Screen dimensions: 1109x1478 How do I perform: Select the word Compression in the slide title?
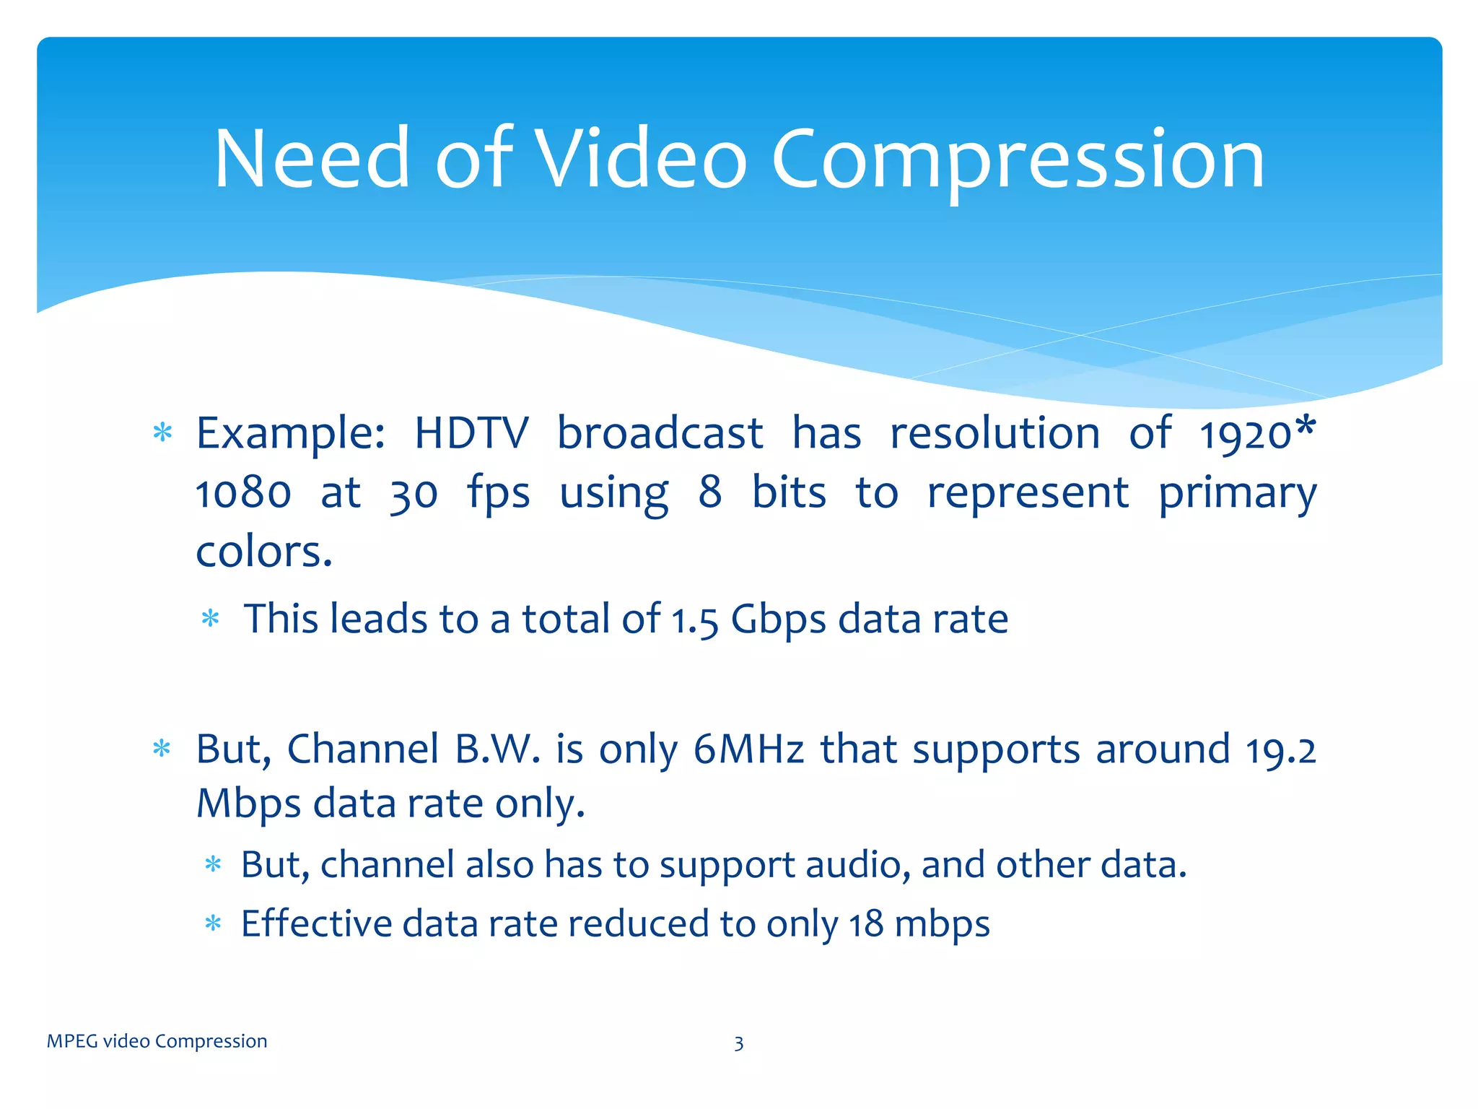point(1018,160)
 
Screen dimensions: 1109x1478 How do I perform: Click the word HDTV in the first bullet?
point(471,433)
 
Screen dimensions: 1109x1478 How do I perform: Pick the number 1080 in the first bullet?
point(243,493)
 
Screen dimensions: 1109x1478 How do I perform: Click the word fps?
point(498,495)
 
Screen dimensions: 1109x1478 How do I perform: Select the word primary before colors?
point(1237,495)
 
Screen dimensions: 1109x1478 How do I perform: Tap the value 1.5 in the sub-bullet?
point(695,620)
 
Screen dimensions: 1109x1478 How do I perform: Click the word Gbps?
point(778,620)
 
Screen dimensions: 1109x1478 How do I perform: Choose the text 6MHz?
point(748,749)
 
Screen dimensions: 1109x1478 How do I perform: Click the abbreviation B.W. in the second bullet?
point(497,749)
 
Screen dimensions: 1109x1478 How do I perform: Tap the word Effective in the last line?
point(315,923)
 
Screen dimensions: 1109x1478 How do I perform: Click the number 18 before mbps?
point(865,924)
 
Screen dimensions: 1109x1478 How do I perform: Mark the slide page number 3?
point(738,1043)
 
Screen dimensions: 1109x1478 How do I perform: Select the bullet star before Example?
point(162,433)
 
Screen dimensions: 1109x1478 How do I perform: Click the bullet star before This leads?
point(210,619)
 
